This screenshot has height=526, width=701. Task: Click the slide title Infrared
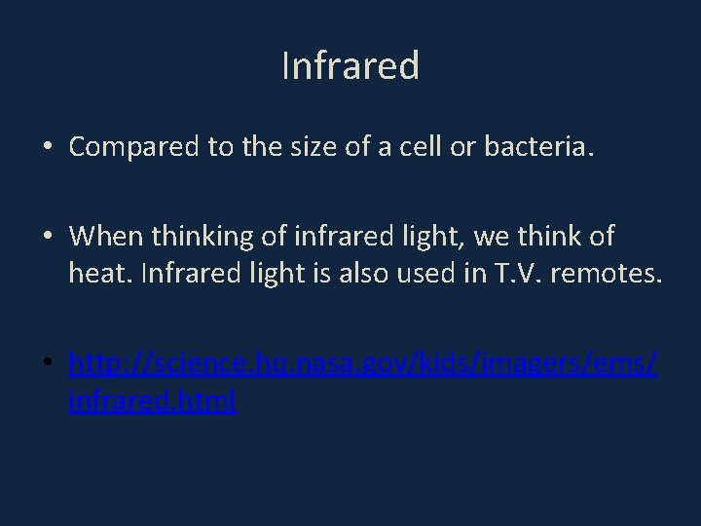coord(350,66)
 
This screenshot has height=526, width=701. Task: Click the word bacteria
coord(535,147)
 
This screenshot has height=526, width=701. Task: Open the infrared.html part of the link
coord(153,400)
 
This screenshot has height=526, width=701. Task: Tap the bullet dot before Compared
coord(47,149)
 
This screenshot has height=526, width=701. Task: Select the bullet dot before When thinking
coord(47,237)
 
